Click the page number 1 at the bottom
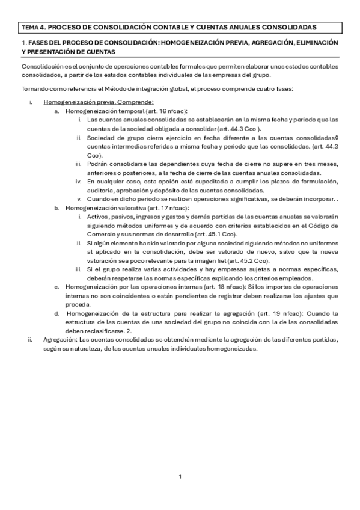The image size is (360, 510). (x=180, y=477)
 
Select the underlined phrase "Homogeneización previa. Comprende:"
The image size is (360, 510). (x=99, y=102)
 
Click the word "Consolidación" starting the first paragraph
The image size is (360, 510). (x=40, y=66)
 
